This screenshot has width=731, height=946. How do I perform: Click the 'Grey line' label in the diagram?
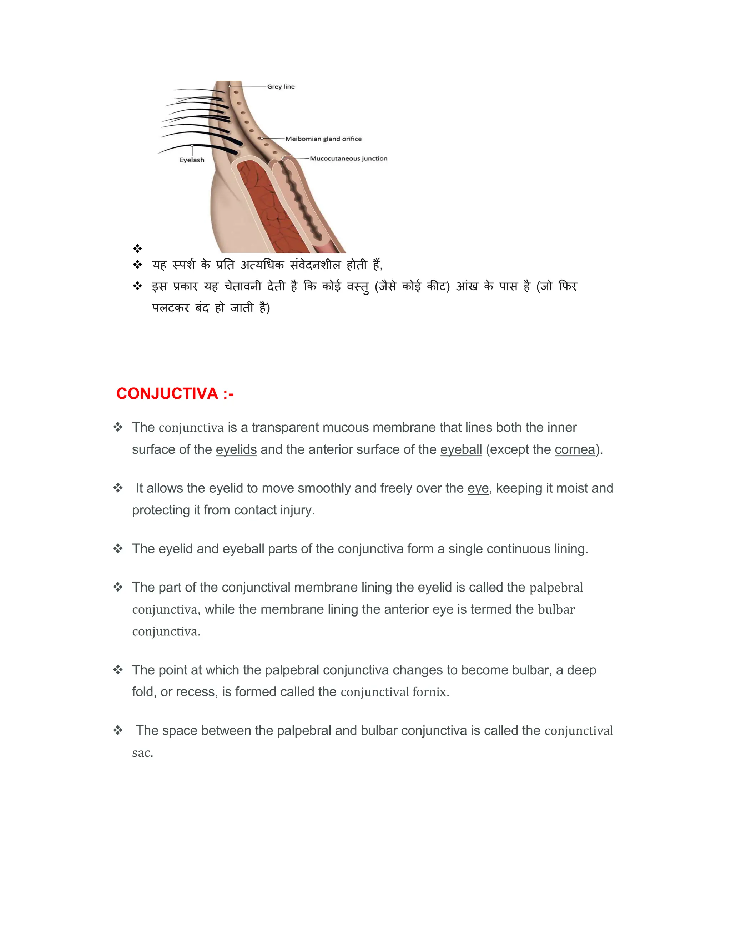click(281, 87)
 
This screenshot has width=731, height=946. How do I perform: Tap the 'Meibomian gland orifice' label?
click(323, 139)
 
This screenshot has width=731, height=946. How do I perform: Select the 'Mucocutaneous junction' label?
click(348, 158)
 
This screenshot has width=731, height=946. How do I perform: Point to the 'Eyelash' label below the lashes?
click(192, 160)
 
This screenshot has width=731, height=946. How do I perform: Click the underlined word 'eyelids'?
click(236, 449)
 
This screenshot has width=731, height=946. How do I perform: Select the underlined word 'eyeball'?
click(461, 449)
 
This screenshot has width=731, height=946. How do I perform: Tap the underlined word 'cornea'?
click(575, 449)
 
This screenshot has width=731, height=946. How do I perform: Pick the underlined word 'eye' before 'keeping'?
click(478, 488)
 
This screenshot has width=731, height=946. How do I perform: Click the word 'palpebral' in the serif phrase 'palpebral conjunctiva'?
click(556, 588)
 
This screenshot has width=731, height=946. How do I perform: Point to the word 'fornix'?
click(429, 692)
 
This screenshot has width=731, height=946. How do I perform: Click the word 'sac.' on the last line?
click(142, 753)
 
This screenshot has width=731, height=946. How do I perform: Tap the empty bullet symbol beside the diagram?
click(138, 248)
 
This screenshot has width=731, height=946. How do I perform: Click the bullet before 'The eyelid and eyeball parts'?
click(118, 549)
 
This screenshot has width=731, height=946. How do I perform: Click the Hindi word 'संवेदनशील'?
click(315, 265)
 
